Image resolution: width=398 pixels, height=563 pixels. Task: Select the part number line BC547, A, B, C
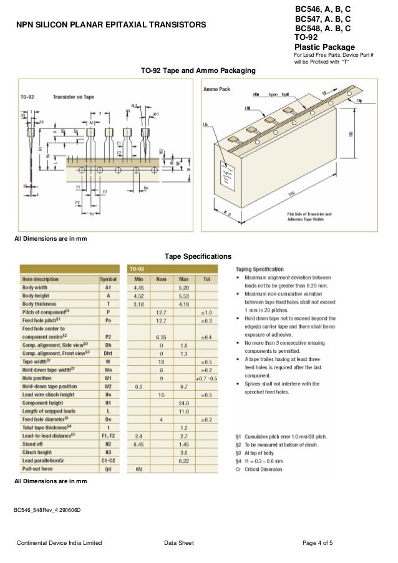322,19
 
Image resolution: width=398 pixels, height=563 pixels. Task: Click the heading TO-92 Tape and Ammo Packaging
198,72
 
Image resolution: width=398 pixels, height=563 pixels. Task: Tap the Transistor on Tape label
74,97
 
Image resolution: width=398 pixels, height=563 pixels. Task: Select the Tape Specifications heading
198,256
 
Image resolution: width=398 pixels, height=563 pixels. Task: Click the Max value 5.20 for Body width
183,287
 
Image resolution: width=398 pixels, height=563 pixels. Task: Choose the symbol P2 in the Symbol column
108,336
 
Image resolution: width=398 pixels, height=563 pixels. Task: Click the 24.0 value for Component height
183,402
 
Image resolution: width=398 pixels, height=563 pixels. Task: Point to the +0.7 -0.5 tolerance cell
205,378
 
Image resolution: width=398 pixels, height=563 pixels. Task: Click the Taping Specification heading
260,269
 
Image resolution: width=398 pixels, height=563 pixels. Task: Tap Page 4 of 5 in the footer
317,544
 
